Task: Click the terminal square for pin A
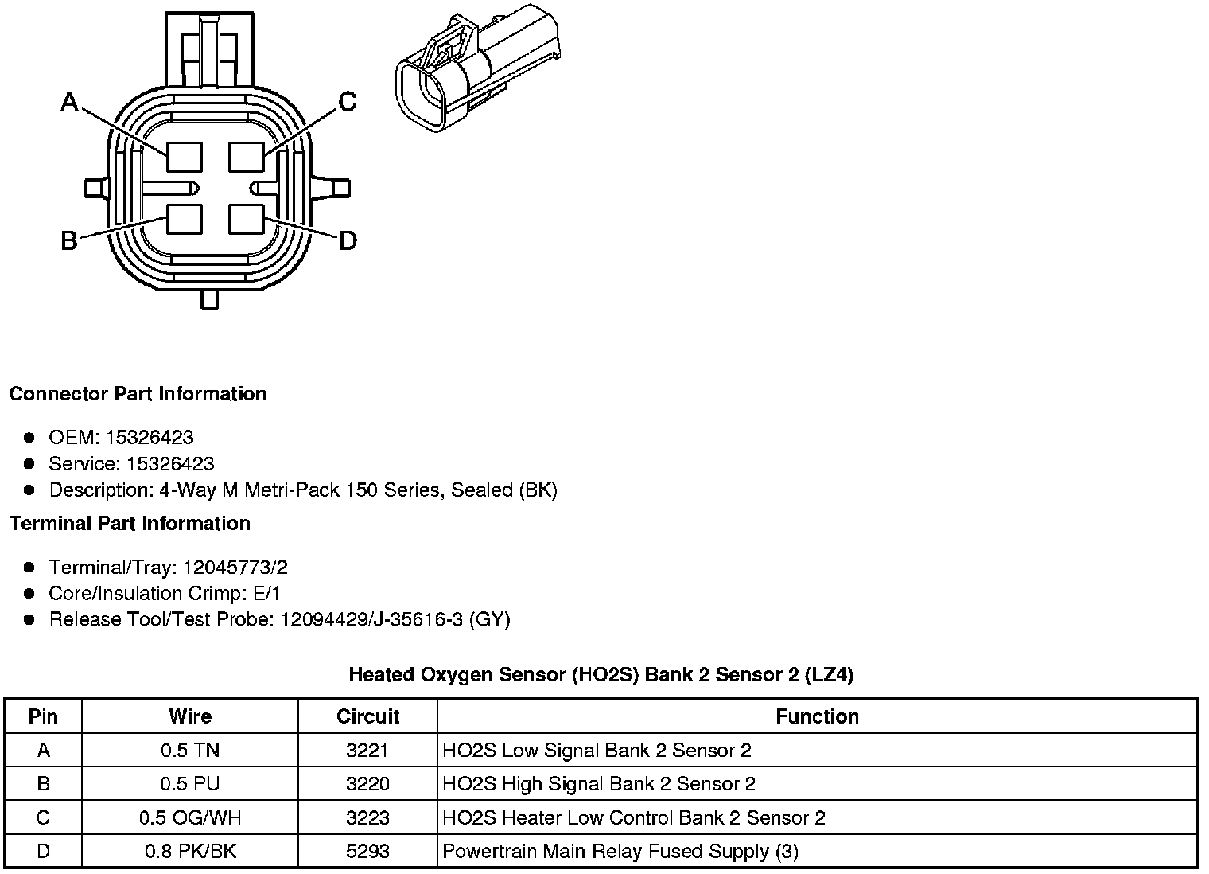(x=185, y=156)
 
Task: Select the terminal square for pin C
(x=246, y=156)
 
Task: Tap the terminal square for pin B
(x=185, y=219)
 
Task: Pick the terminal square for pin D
(x=246, y=219)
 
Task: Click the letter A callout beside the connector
(x=70, y=102)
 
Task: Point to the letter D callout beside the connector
(x=348, y=240)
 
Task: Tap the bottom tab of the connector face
(x=209, y=299)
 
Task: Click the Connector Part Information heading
(x=138, y=394)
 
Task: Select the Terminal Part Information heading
(x=130, y=524)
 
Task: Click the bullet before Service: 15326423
(x=29, y=464)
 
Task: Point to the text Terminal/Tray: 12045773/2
(x=168, y=568)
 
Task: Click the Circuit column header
(x=367, y=716)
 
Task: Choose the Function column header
(x=817, y=716)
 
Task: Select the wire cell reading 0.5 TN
(x=190, y=750)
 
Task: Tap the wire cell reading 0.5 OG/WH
(x=190, y=817)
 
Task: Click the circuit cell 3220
(x=367, y=784)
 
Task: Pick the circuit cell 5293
(x=367, y=852)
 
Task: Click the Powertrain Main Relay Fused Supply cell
(x=620, y=852)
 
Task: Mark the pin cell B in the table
(x=44, y=784)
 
